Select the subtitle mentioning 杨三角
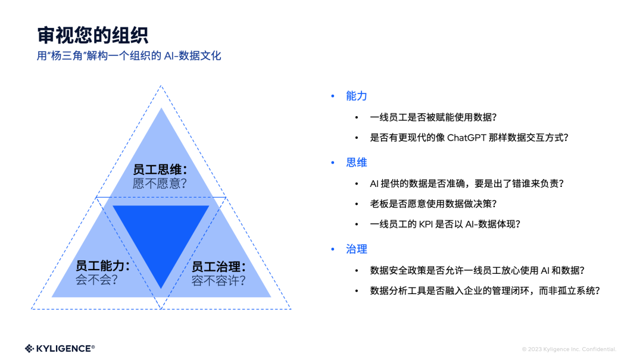[129, 56]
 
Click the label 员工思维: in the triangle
[160, 170]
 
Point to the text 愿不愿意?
[160, 183]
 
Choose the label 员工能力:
[102, 266]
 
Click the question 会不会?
[96, 280]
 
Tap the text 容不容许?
[219, 280]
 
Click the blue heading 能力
[356, 96]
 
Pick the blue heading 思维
[356, 163]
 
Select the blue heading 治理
[356, 249]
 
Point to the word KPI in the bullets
[434, 224]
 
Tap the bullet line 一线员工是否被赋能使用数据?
[433, 117]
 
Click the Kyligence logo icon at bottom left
[30, 348]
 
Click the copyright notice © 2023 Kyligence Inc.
[569, 349]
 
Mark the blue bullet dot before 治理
[333, 249]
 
